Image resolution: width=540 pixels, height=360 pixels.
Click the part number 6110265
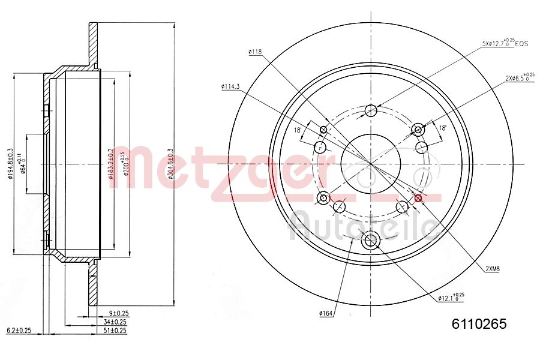pyautogui.click(x=479, y=324)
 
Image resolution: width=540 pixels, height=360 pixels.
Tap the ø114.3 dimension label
pyautogui.click(x=230, y=86)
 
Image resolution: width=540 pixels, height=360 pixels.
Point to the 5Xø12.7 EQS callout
pyautogui.click(x=505, y=44)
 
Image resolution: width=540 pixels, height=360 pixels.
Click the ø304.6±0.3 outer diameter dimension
pyautogui.click(x=170, y=164)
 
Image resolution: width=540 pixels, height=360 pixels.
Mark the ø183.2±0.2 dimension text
pyautogui.click(x=110, y=164)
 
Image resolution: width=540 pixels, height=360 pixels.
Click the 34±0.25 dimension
pyautogui.click(x=119, y=322)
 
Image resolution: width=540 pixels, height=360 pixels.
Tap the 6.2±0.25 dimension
pyautogui.click(x=19, y=331)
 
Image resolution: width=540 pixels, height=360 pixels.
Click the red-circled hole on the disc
pyautogui.click(x=418, y=198)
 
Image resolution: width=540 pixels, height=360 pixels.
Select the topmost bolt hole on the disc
pyautogui.click(x=371, y=110)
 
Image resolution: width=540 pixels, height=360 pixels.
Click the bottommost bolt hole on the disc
pyautogui.click(x=371, y=241)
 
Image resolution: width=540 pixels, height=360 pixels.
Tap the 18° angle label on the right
pyautogui.click(x=443, y=128)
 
